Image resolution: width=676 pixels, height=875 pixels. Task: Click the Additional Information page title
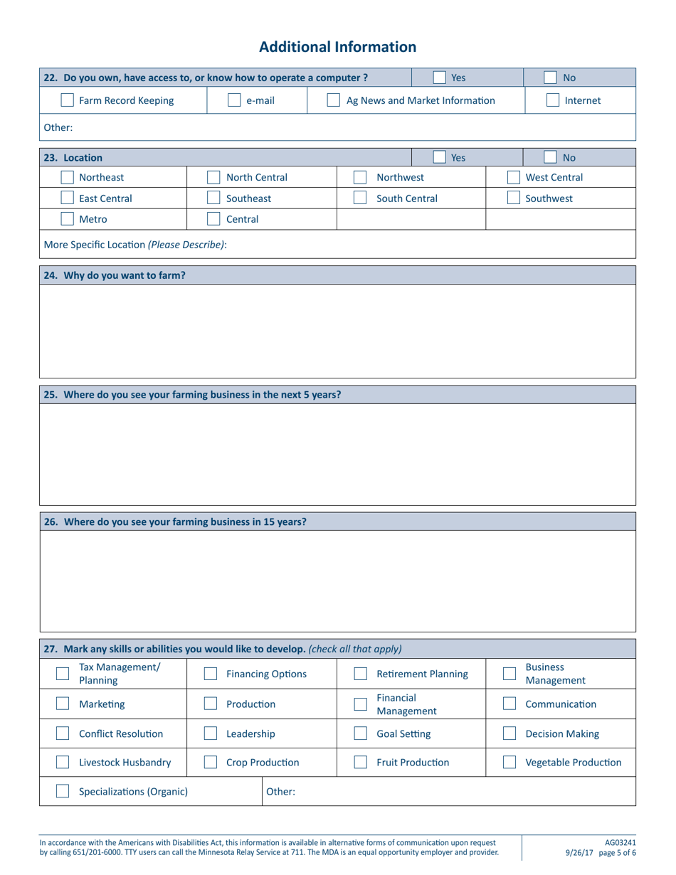point(338,47)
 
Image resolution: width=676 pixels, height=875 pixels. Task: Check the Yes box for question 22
point(440,78)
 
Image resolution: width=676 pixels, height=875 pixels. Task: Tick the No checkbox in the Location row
point(551,157)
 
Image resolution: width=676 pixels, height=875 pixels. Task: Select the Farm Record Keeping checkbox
point(66,101)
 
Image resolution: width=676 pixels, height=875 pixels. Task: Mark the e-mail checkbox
point(233,101)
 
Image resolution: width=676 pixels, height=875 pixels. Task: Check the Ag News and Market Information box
point(333,101)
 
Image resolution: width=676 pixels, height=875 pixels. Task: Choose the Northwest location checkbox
point(360,178)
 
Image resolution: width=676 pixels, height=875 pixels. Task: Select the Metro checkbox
point(66,219)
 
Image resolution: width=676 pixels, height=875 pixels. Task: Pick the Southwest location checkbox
point(512,198)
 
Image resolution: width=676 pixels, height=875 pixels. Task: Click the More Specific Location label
point(135,245)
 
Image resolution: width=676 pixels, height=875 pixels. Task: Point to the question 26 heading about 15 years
point(175,521)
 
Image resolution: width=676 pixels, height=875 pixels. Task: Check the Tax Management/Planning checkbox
point(63,674)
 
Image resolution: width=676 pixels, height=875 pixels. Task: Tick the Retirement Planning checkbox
point(361,674)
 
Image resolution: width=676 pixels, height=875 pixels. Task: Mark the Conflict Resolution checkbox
point(63,733)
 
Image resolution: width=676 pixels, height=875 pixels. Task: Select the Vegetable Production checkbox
point(509,763)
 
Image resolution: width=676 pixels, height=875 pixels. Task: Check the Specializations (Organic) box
point(63,792)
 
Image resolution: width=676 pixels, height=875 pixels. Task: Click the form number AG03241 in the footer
point(619,842)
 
